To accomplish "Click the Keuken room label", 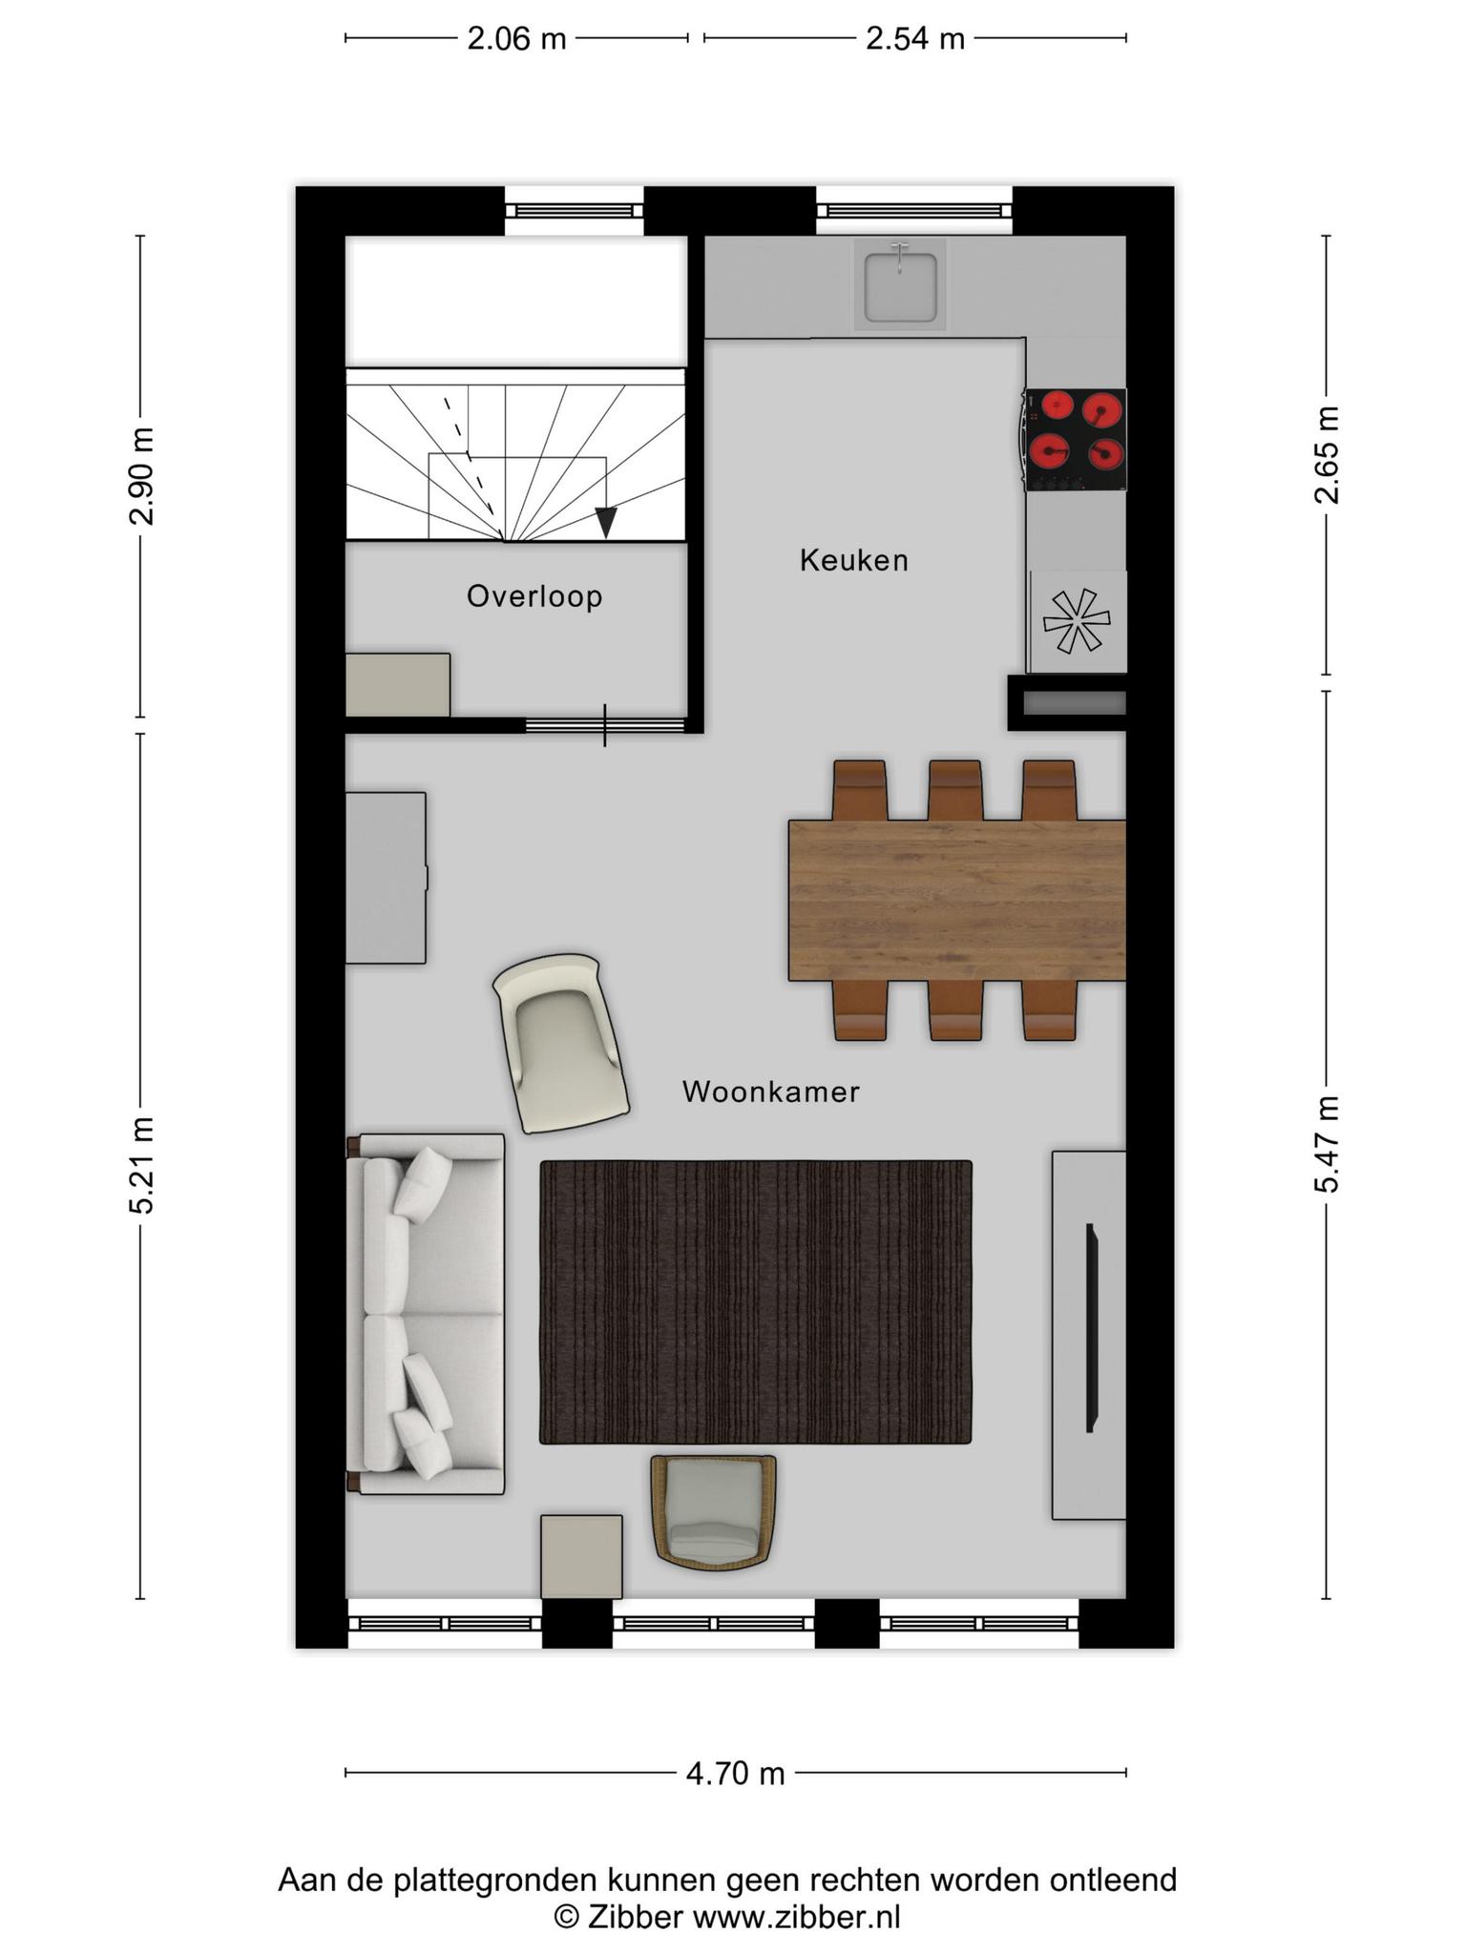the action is click(x=853, y=560).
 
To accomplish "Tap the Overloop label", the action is click(x=534, y=596).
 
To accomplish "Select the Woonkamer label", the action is click(x=771, y=1091).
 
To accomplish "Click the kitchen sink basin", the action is click(x=900, y=284).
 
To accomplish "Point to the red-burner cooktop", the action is click(x=1076, y=439).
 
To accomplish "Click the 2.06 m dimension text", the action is click(x=516, y=39).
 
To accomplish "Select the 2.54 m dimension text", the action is click(x=915, y=39).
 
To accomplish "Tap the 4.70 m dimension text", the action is click(x=735, y=1774).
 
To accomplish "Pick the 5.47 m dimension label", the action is click(x=1327, y=1144).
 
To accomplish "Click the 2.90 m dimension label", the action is click(x=141, y=476).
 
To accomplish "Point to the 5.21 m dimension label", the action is click(x=141, y=1165).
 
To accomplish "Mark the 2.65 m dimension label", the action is click(x=1327, y=454).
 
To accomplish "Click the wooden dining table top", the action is click(x=957, y=900).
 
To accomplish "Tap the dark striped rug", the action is click(x=756, y=1301).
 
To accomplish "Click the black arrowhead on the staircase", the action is click(x=605, y=523).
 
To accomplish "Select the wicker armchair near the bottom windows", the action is click(x=714, y=1512).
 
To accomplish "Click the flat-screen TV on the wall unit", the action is click(x=1091, y=1327).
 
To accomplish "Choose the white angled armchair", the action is click(x=560, y=1042).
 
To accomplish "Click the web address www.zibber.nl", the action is click(x=796, y=1918).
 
